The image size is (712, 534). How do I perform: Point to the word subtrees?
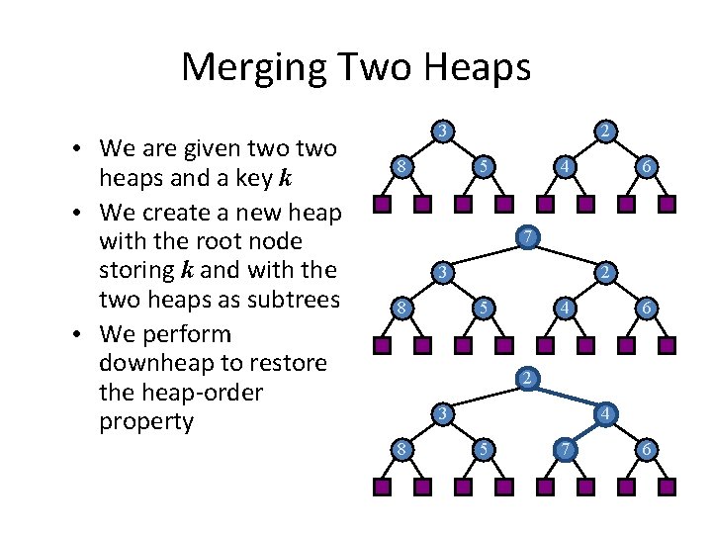[x=295, y=300]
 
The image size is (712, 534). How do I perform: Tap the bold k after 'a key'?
[x=286, y=179]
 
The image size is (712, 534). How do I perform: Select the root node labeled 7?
[x=530, y=237]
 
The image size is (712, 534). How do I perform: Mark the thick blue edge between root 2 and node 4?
[x=568, y=397]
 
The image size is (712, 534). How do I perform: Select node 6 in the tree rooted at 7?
[x=645, y=309]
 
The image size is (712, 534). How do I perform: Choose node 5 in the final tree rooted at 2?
[x=482, y=451]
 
